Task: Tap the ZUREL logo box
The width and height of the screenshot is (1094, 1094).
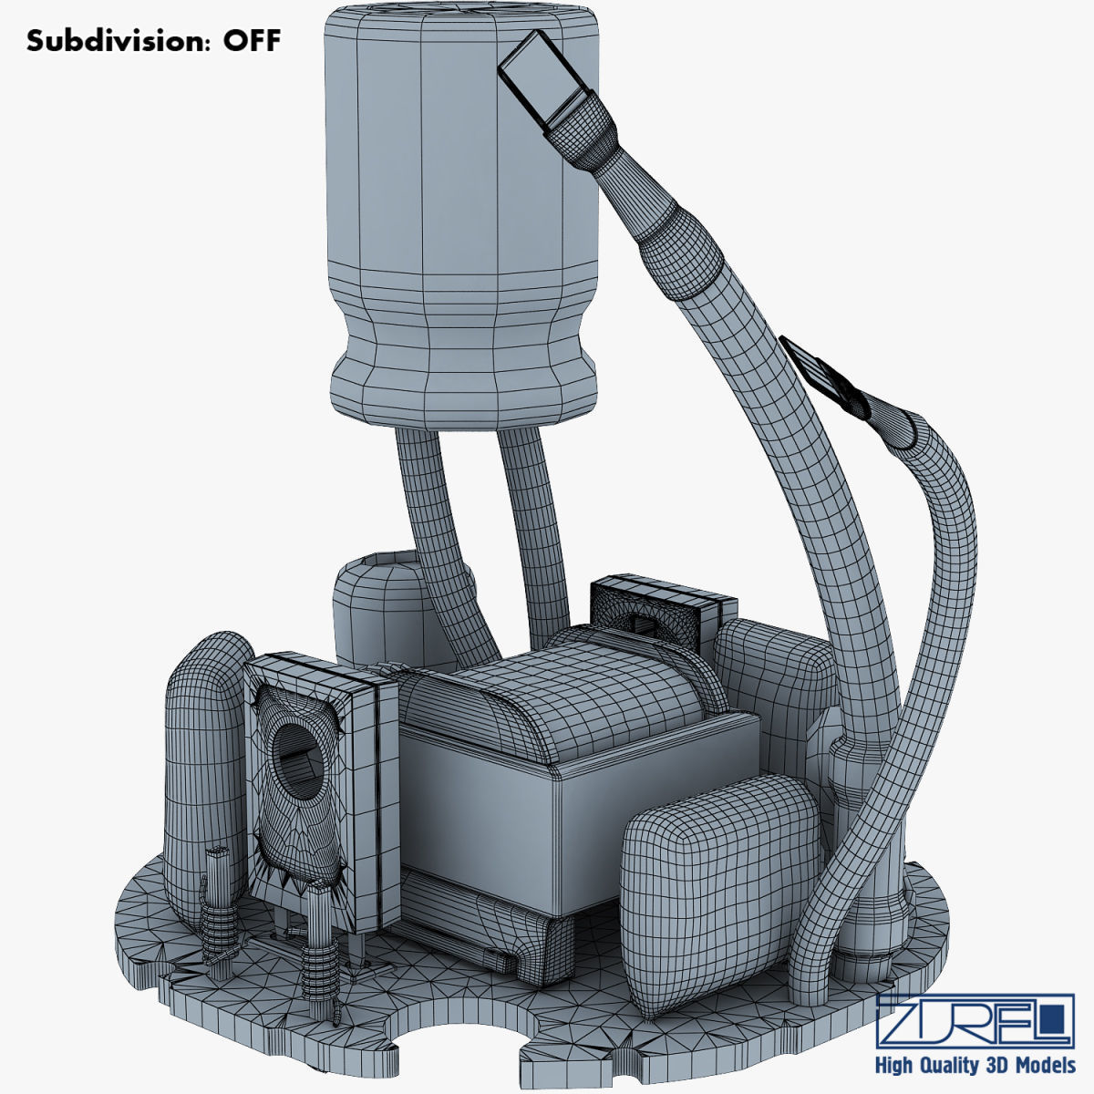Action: tap(975, 1020)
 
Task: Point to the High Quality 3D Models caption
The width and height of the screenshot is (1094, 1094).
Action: tap(975, 1066)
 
